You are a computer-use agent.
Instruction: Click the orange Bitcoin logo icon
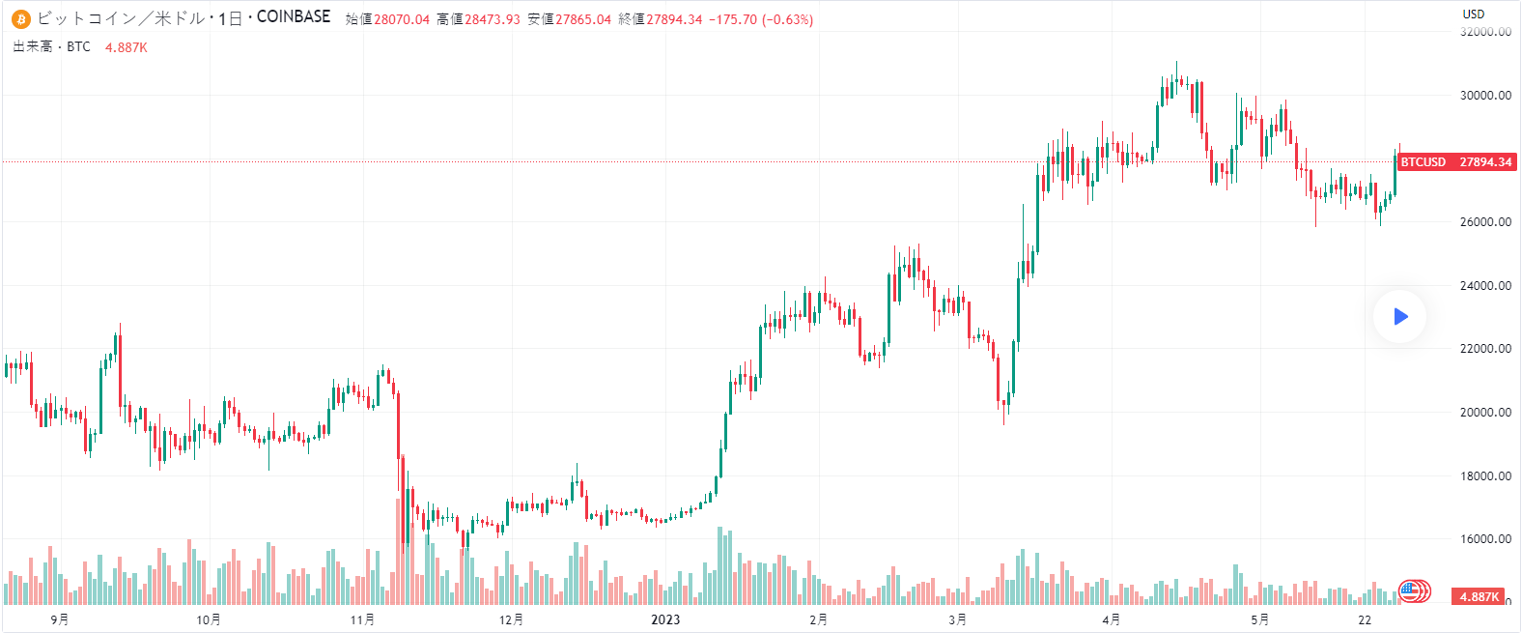[21, 18]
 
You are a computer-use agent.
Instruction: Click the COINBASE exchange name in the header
[294, 17]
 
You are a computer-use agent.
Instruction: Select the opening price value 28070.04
[402, 19]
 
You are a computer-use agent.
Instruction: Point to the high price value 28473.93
[493, 19]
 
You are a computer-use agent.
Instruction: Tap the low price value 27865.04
[583, 19]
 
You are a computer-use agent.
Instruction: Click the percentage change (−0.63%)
[787, 19]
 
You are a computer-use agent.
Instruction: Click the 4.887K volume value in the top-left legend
[127, 47]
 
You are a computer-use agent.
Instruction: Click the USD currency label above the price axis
[1473, 14]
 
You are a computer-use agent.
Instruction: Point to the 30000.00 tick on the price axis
[1485, 96]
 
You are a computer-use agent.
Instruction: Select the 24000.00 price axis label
[1485, 286]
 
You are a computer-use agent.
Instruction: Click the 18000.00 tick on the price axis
[1485, 476]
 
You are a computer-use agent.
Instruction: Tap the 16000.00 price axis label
[1485, 539]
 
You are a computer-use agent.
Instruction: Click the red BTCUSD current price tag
[1456, 162]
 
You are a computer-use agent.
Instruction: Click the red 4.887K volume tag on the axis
[1479, 597]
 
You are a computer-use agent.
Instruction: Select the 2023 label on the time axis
[665, 619]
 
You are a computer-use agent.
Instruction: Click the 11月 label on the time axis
[362, 619]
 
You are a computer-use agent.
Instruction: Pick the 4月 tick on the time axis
[1111, 619]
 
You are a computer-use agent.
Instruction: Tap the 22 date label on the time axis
[1365, 619]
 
